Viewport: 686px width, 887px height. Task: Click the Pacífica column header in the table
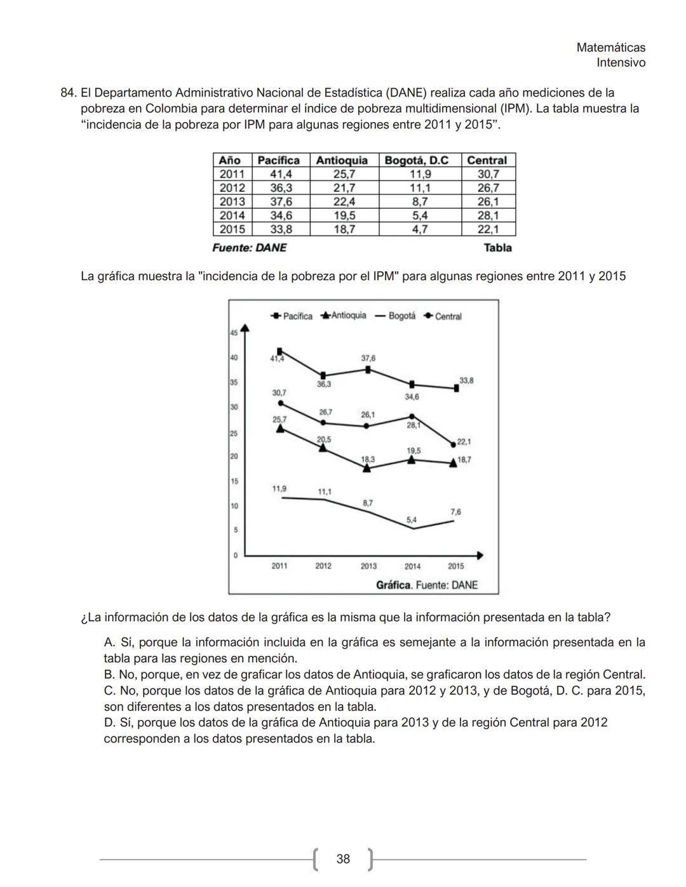(278, 160)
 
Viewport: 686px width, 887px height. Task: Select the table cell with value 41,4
(280, 174)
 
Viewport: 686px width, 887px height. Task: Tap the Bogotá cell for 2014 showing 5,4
(420, 215)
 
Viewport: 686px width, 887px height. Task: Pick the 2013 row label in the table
(232, 201)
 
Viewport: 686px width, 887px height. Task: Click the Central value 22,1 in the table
(488, 229)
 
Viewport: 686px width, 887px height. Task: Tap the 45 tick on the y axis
(233, 333)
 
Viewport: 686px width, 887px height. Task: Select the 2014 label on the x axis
(412, 566)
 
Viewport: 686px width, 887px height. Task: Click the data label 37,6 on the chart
(368, 358)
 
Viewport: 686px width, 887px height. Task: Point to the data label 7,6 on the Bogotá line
(455, 512)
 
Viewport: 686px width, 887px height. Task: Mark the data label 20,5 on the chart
(324, 439)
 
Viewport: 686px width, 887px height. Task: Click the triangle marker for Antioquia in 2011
(280, 429)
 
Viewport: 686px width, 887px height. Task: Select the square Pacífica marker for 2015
(456, 389)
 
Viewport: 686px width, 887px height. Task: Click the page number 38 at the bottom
(343, 859)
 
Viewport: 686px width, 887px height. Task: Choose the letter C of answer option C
(109, 691)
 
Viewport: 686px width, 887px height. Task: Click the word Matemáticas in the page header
(610, 48)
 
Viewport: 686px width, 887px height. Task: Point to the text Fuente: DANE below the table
(249, 248)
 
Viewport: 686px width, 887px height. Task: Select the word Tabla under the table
(497, 248)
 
